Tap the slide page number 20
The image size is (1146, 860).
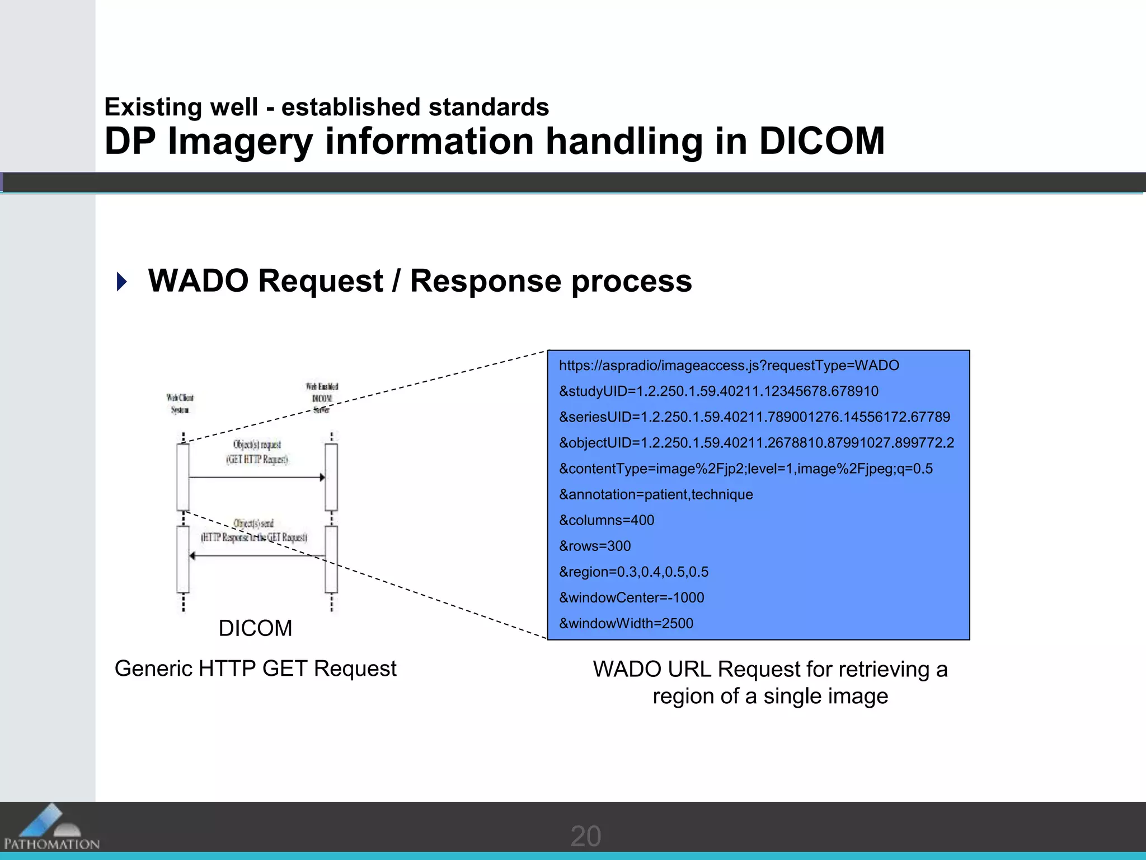pyautogui.click(x=585, y=836)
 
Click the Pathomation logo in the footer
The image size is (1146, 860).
pyautogui.click(x=51, y=828)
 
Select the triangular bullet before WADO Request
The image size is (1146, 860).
pyautogui.click(x=121, y=281)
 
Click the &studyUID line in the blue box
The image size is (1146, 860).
pyautogui.click(x=718, y=391)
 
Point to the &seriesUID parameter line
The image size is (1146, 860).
pyautogui.click(x=754, y=417)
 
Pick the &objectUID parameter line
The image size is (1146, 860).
pyautogui.click(x=757, y=443)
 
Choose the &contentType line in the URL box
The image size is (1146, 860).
pyautogui.click(x=745, y=469)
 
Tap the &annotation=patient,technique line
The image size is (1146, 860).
pyautogui.click(x=656, y=494)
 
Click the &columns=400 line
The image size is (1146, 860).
pyautogui.click(x=607, y=520)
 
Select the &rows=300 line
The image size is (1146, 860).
pyautogui.click(x=595, y=546)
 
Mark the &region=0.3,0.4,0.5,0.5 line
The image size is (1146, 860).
pyautogui.click(x=633, y=572)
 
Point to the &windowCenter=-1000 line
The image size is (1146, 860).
pyautogui.click(x=631, y=597)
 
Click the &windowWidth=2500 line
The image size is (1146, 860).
pyautogui.click(x=626, y=623)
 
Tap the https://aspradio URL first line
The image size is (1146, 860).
pyautogui.click(x=729, y=366)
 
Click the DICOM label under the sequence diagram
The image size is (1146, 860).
pyautogui.click(x=255, y=628)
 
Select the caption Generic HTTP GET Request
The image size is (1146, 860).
pyautogui.click(x=255, y=669)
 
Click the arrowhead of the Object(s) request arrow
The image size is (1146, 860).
pyautogui.click(x=322, y=478)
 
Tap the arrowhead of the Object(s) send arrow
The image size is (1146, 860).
pyautogui.click(x=192, y=556)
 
